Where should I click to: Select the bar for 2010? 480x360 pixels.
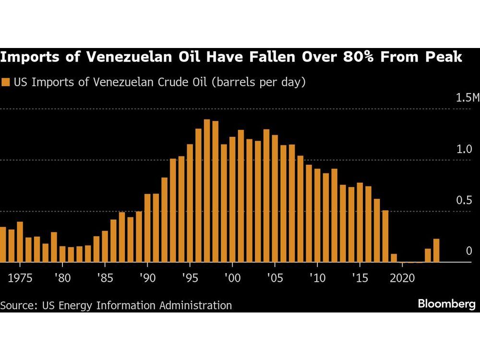[x=317, y=216]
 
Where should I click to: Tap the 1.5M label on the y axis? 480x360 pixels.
[x=468, y=98]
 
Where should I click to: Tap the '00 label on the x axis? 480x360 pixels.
[x=232, y=278]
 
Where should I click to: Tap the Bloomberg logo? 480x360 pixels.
[x=446, y=304]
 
